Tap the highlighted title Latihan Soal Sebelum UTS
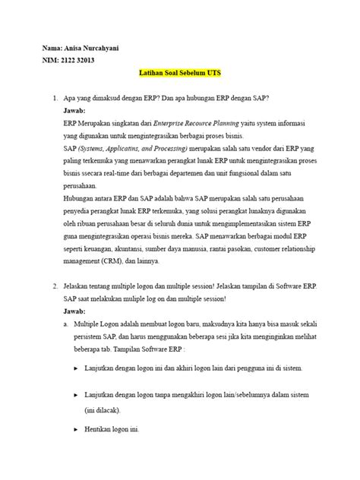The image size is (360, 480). [179, 75]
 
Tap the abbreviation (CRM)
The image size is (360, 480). [111, 261]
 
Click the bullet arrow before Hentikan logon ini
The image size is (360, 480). [76, 428]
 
